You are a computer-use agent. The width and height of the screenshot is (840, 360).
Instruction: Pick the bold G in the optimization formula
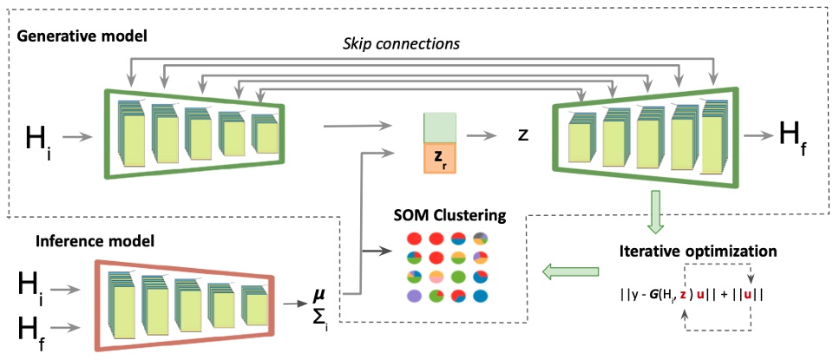[670, 295]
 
